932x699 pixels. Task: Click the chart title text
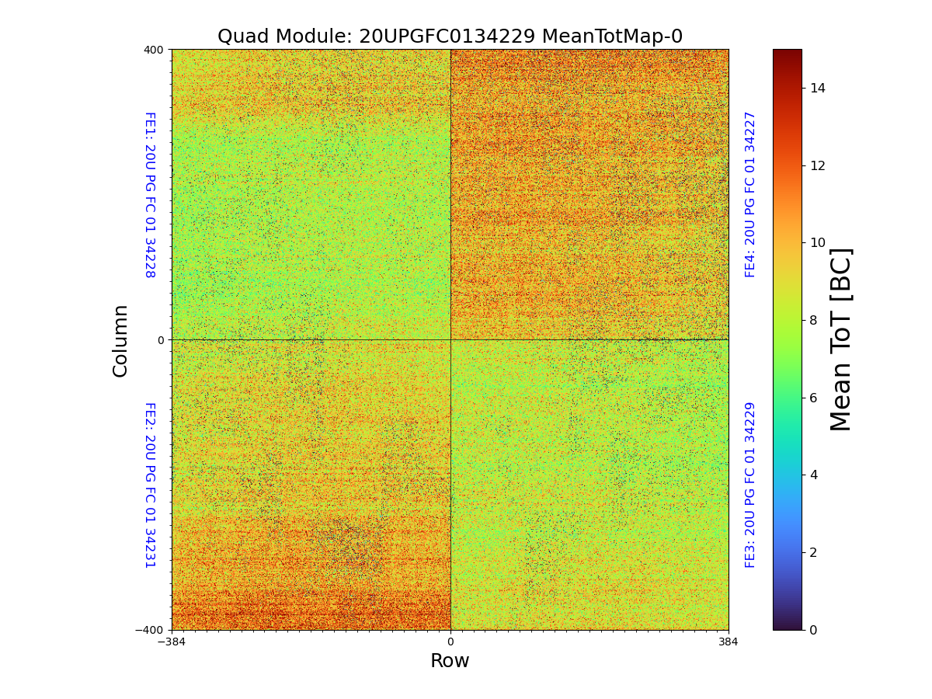(450, 37)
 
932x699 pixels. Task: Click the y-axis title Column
(120, 340)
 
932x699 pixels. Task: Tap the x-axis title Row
(450, 661)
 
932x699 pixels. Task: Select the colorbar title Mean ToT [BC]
(841, 339)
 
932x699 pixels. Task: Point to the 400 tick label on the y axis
(154, 50)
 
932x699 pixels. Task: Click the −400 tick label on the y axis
(151, 630)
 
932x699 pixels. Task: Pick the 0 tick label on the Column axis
(161, 340)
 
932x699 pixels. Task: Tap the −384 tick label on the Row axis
(172, 642)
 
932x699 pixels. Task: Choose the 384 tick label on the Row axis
(729, 642)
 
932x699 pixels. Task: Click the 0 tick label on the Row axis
(450, 642)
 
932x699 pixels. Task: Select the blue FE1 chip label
(149, 195)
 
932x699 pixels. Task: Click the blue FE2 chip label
(149, 485)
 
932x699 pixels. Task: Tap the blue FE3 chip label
(750, 485)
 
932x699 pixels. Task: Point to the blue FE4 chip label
(750, 194)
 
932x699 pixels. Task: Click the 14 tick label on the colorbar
(817, 89)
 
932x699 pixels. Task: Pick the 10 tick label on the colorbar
(817, 243)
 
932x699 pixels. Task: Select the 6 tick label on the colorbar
(813, 398)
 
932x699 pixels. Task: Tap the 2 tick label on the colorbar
(813, 552)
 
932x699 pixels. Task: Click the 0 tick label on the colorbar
(813, 630)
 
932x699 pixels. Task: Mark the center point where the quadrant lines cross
(450, 339)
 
